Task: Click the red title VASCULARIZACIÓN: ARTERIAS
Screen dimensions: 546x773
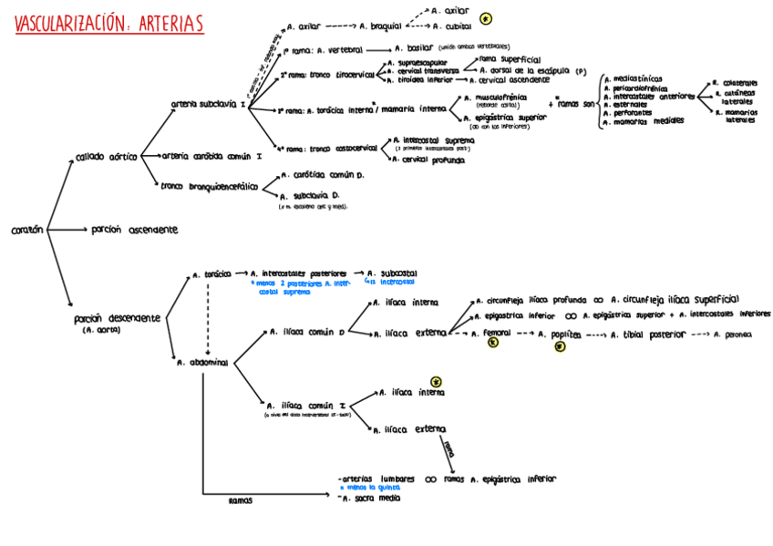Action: point(109,24)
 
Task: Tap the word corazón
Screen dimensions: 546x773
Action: point(27,231)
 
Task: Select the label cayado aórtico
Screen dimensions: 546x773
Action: point(107,157)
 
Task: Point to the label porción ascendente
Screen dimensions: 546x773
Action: point(135,230)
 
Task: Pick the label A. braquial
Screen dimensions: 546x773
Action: point(381,26)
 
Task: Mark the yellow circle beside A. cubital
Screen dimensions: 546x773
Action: point(486,18)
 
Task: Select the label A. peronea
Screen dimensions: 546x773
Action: point(734,335)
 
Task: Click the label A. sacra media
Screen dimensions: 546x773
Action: point(370,498)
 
